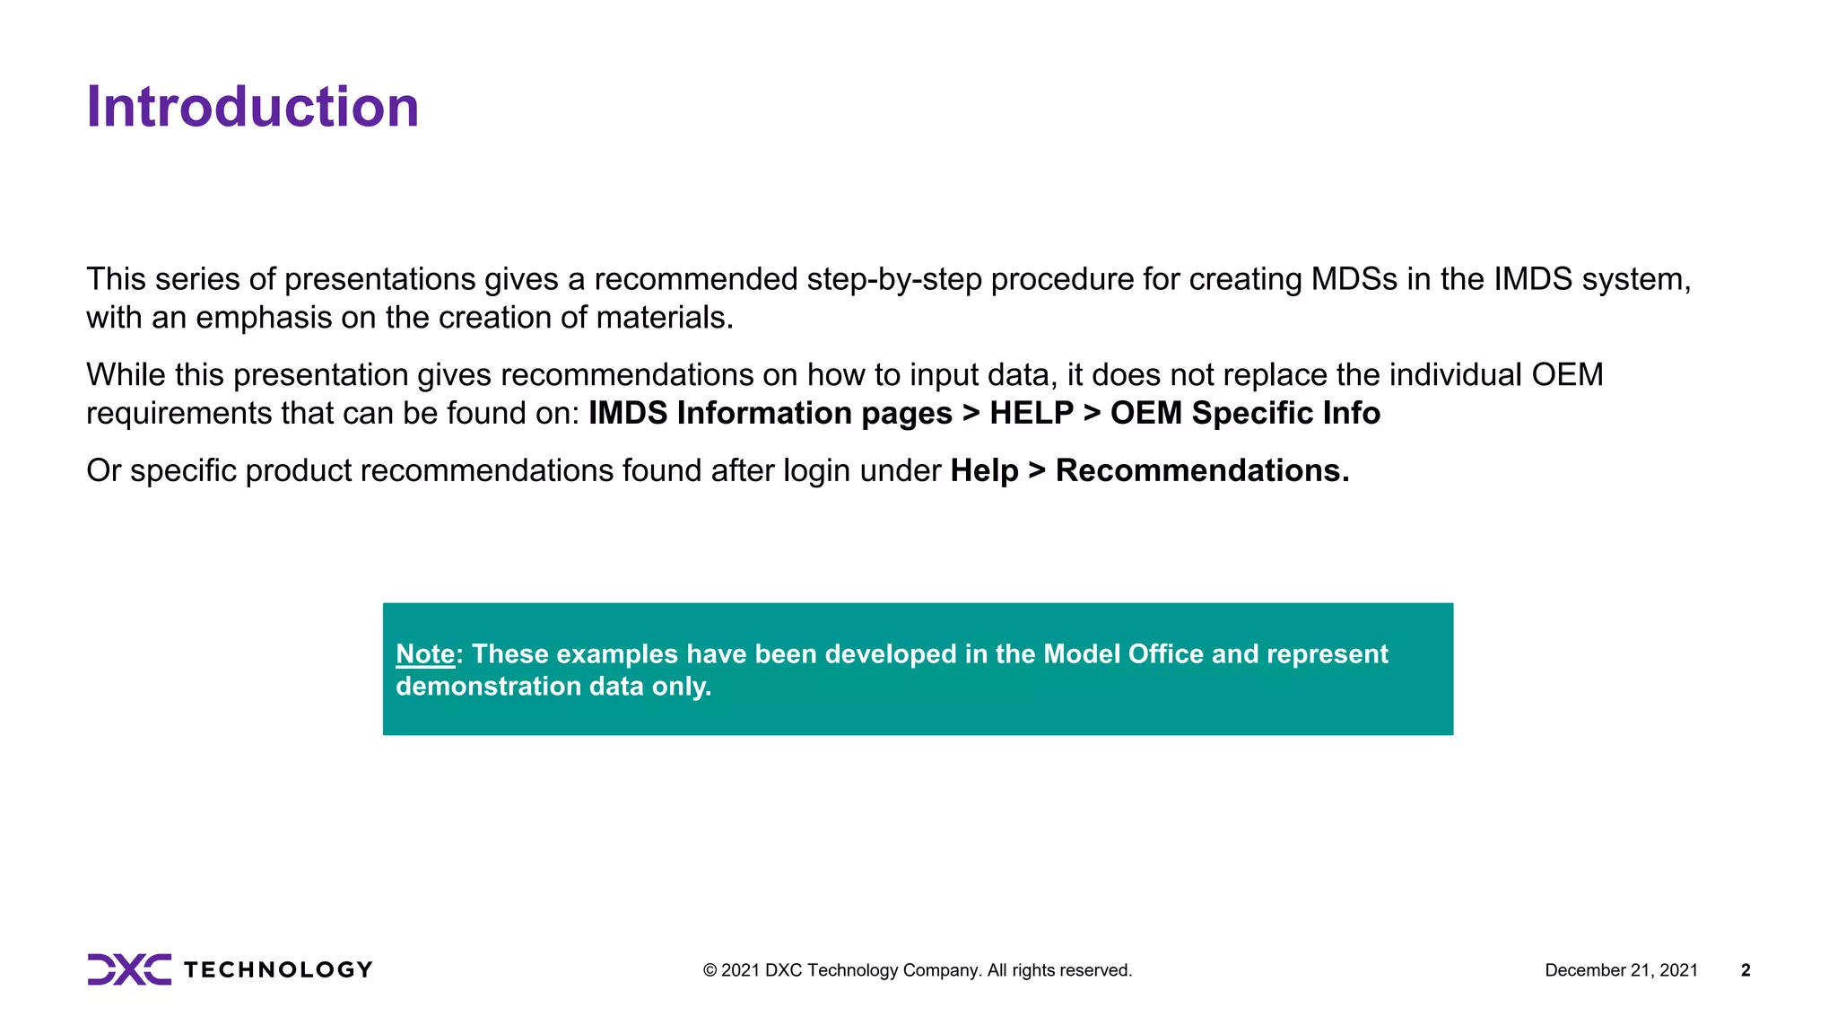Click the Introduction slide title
(252, 107)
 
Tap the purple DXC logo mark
(129, 969)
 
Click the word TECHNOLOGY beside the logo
(278, 970)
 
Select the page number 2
(1746, 970)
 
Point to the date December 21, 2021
(1621, 970)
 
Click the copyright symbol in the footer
(710, 970)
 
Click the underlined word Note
(425, 654)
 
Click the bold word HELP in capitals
(1032, 413)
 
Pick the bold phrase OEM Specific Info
(1245, 413)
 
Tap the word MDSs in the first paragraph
(1354, 279)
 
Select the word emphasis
(264, 318)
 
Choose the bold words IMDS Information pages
(770, 413)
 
